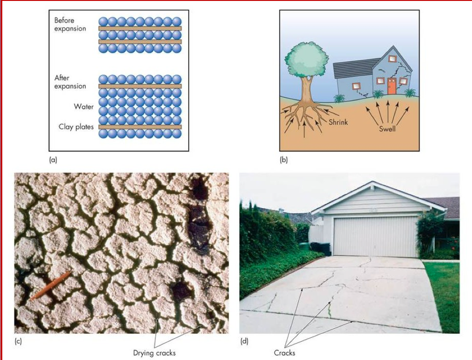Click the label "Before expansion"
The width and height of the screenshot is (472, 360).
[70, 24]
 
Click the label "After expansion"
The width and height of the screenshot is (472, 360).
[70, 82]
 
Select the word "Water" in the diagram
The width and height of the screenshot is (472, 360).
[84, 107]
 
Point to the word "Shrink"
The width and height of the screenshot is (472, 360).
[338, 122]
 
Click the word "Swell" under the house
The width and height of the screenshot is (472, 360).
[387, 128]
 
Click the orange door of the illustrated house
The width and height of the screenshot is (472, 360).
[391, 86]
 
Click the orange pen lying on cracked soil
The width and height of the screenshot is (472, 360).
[50, 285]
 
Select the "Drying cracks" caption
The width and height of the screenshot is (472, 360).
[154, 353]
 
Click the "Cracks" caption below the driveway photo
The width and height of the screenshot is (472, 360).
[284, 353]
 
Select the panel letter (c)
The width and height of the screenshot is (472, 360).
[18, 342]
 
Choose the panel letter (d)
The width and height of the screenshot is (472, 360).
[244, 342]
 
